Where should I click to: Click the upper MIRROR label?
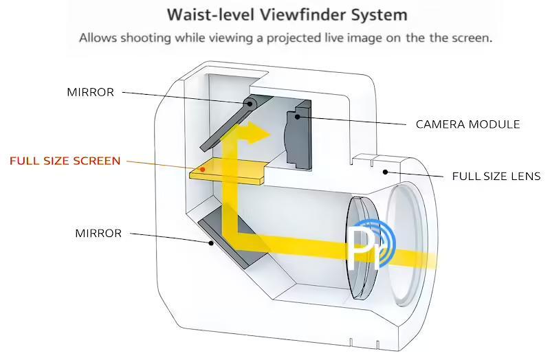[90, 92]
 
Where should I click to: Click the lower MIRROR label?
[98, 234]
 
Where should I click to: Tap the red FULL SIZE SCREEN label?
[65, 161]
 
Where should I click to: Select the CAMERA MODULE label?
[467, 124]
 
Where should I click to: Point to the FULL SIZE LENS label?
[496, 177]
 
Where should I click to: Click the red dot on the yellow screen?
[202, 168]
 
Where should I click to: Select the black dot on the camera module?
[298, 116]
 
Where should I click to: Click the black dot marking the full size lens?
[386, 172]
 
